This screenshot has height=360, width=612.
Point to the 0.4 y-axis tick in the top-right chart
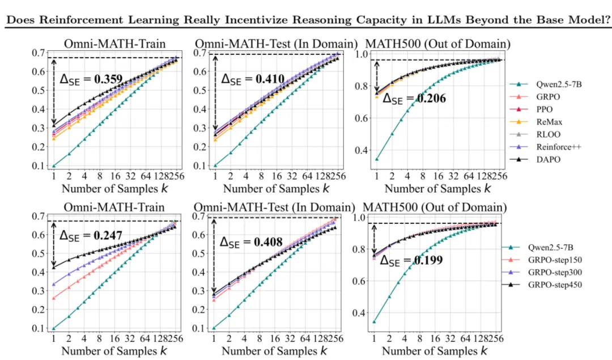(x=362, y=150)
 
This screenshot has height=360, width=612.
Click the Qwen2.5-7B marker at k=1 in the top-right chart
(x=377, y=159)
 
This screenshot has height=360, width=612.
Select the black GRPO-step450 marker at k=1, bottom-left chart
(x=54, y=267)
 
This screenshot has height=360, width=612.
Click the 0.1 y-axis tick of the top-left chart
(x=39, y=166)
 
